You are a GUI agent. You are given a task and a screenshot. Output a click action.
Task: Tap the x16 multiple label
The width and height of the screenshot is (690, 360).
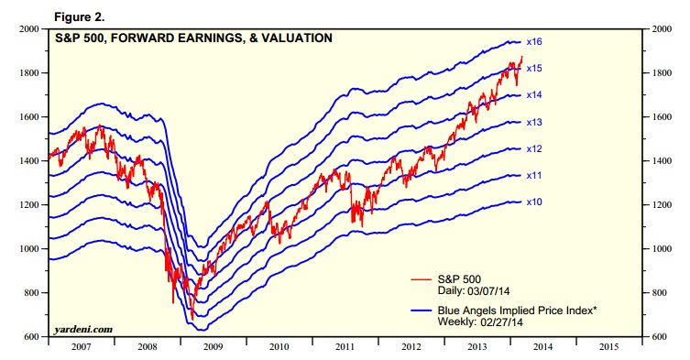click(x=534, y=42)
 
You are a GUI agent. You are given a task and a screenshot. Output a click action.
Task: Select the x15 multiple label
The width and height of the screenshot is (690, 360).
click(x=534, y=69)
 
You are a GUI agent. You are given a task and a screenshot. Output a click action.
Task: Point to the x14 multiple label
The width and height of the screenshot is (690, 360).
click(x=534, y=95)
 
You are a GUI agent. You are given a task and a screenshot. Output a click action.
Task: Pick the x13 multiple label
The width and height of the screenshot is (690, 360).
click(x=534, y=122)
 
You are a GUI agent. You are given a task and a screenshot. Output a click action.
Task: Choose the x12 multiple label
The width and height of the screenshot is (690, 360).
click(x=534, y=148)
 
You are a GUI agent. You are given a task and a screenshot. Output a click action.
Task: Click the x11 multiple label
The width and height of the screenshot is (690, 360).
click(x=534, y=175)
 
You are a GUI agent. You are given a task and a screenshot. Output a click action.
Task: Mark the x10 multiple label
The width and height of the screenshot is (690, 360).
click(x=534, y=202)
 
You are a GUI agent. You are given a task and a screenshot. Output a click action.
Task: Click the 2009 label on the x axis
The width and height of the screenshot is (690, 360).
click(x=212, y=348)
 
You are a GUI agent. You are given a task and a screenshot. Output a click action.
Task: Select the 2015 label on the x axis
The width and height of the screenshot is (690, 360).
click(x=610, y=348)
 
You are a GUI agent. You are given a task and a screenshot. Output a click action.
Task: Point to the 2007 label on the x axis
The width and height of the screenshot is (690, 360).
click(x=79, y=348)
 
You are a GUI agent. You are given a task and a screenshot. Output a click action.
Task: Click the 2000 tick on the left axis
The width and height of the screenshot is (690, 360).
click(x=27, y=29)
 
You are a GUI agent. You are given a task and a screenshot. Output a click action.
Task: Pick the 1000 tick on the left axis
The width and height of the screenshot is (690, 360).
click(x=27, y=249)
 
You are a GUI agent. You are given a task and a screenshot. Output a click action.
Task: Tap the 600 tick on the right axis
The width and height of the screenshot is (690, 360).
click(x=661, y=337)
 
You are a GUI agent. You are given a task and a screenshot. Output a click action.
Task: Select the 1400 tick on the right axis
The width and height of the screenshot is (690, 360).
click(x=663, y=161)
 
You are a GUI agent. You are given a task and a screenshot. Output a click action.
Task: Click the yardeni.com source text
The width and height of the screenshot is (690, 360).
click(x=82, y=327)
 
